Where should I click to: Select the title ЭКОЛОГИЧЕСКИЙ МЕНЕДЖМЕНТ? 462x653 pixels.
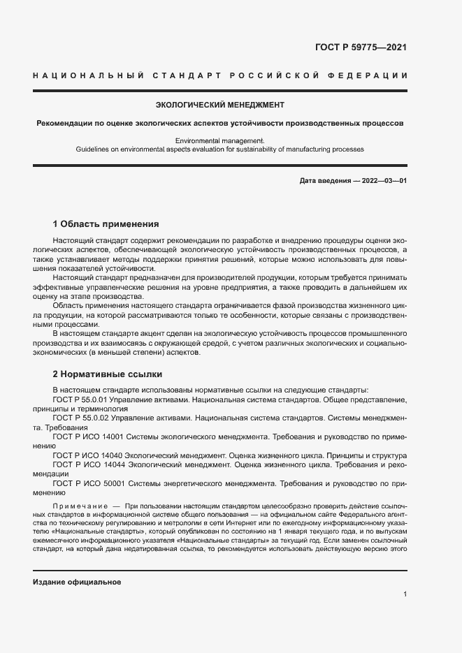(x=219, y=105)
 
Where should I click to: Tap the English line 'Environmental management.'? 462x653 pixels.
(x=219, y=140)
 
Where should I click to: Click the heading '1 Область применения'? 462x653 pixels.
(x=106, y=224)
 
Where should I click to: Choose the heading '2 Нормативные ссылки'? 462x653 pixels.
(x=107, y=373)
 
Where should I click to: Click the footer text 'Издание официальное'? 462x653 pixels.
(x=77, y=582)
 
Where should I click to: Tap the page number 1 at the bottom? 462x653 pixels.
(x=405, y=594)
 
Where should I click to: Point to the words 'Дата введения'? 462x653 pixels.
(x=324, y=181)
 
